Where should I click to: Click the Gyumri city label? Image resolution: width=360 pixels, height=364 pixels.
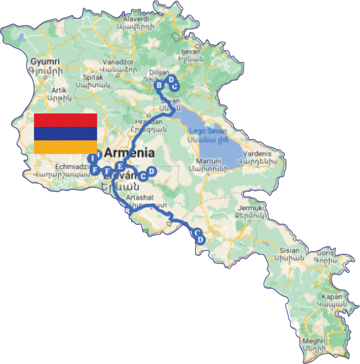[x=44, y=62]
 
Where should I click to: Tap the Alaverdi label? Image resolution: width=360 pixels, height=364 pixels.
[x=150, y=19]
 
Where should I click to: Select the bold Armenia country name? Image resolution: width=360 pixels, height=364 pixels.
[x=129, y=153]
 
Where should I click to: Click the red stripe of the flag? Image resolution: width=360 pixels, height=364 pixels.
[x=65, y=119]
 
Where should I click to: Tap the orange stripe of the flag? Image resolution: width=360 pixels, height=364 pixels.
[x=65, y=147]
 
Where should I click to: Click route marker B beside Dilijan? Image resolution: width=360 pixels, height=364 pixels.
[x=159, y=85]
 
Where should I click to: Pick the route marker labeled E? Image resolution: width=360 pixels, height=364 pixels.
[x=120, y=166]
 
